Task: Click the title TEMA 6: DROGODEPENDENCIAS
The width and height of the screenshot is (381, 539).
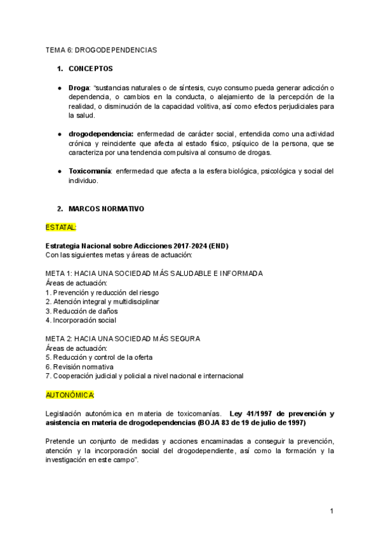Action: [x=101, y=49]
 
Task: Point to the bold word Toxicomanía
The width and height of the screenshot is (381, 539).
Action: [x=90, y=171]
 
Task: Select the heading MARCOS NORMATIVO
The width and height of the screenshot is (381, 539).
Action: [x=106, y=208]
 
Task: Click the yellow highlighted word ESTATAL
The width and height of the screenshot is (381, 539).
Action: [x=61, y=227]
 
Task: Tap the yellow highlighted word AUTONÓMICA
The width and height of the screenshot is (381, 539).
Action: [x=70, y=395]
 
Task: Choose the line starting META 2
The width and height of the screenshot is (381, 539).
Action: [x=123, y=339]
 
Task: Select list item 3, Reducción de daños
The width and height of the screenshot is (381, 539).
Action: [x=81, y=311]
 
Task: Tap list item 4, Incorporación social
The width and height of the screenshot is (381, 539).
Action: [x=81, y=320]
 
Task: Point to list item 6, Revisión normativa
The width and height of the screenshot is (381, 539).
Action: [x=80, y=367]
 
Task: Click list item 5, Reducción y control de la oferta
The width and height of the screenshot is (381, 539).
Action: [x=99, y=357]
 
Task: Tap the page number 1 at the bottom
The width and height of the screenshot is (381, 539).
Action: [x=332, y=511]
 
